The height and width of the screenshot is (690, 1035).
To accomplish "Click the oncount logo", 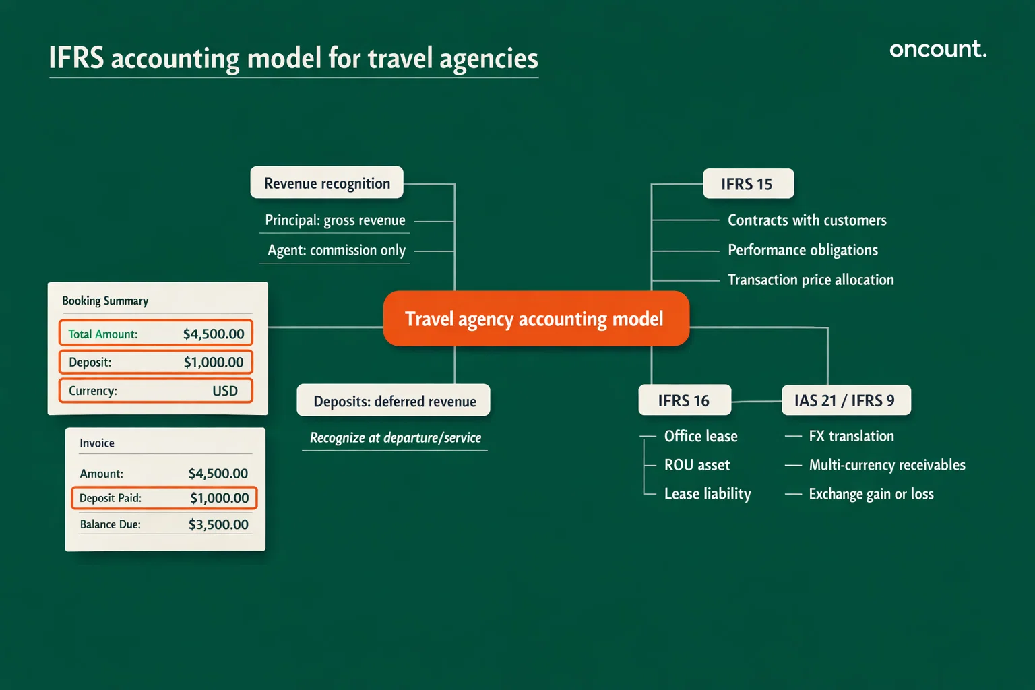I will point(937,49).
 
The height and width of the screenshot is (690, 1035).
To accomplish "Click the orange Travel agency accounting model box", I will point(536,319).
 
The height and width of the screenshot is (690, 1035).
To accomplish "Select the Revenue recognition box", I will point(327,183).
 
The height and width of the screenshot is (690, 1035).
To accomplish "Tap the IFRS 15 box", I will point(747,184).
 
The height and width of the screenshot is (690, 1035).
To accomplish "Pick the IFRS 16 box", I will point(684,401).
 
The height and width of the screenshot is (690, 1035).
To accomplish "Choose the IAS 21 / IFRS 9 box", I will point(845,401).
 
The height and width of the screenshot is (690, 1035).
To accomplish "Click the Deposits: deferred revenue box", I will point(394,401).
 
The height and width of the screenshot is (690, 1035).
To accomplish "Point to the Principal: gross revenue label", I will point(335,220).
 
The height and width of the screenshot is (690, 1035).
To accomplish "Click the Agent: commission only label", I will point(336,250).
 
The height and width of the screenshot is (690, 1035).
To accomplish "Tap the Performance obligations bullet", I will point(803,250).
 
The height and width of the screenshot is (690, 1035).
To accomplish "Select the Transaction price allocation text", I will point(811,280).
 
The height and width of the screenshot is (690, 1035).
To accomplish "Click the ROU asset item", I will point(697,465).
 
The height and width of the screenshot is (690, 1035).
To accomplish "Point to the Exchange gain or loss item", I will point(871,494).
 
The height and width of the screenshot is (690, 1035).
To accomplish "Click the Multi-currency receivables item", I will point(887,465).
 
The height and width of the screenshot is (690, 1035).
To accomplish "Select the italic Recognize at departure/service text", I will point(396,438).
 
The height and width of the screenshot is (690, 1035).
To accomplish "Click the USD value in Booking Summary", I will point(225,391).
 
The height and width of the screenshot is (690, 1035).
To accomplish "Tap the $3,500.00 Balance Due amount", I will point(218,524).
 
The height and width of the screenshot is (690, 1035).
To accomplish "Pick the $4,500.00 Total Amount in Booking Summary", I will point(214,334).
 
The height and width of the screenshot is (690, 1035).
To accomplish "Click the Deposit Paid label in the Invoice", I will point(111,498).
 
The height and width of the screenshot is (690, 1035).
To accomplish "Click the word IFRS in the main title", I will point(76,59).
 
